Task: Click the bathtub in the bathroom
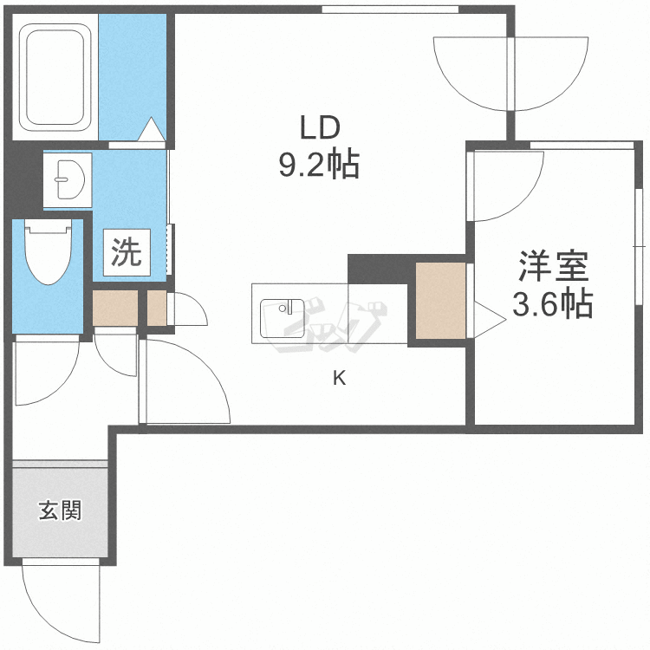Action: [56, 76]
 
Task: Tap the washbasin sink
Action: [66, 180]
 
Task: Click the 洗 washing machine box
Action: [127, 252]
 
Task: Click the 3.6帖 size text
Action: [553, 304]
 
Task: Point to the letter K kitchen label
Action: [340, 377]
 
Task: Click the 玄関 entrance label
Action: [59, 510]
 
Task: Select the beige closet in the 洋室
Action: [440, 300]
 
